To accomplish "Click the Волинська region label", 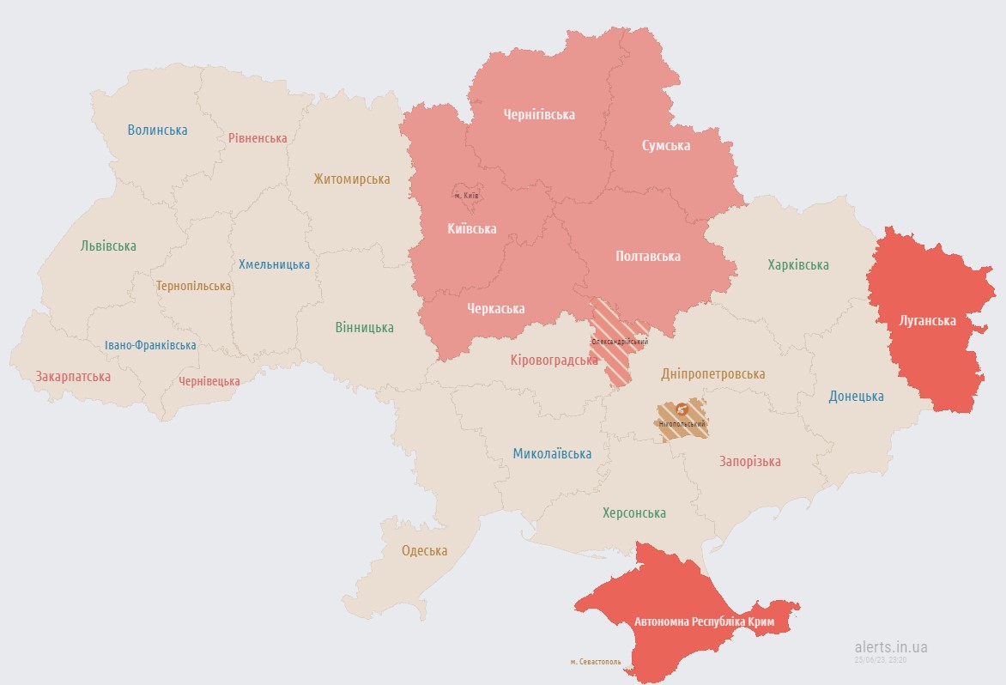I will tap(157, 130).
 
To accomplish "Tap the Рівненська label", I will tap(258, 138).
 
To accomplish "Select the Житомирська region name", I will tap(351, 179).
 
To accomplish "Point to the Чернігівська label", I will tap(539, 114).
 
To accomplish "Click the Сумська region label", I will tap(666, 146).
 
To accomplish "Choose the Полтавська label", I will tap(648, 257).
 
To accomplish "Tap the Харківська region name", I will tap(798, 265).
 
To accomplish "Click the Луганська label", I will tap(927, 321).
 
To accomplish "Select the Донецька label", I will tap(856, 397).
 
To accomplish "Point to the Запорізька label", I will tap(749, 462).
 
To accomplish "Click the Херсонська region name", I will tap(633, 513).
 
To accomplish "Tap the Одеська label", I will tap(424, 551).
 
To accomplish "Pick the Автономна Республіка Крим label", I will tap(705, 621).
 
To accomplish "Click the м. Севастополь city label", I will tap(596, 662).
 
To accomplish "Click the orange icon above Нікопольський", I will tap(682, 409).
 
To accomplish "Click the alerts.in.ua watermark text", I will tap(891, 647).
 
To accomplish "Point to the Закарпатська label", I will tap(73, 377).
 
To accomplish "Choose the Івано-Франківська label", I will tap(150, 345).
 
